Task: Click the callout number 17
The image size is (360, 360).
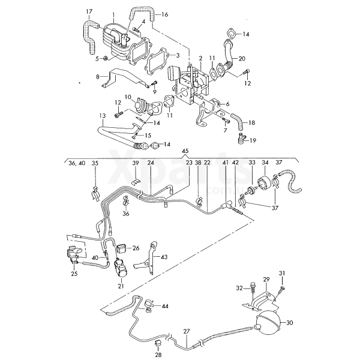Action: pyautogui.click(x=89, y=11)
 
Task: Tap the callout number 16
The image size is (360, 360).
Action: pyautogui.click(x=165, y=14)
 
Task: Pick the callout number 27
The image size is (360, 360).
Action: pyautogui.click(x=186, y=331)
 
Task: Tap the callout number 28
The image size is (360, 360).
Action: pyautogui.click(x=158, y=355)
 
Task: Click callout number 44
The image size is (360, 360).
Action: pyautogui.click(x=166, y=306)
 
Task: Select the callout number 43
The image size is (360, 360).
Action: pyautogui.click(x=165, y=256)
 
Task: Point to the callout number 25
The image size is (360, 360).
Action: pyautogui.click(x=74, y=274)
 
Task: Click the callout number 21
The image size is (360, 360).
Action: pyautogui.click(x=121, y=287)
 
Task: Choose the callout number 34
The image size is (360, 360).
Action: pyautogui.click(x=265, y=163)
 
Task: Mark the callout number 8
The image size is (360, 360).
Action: pyautogui.click(x=97, y=77)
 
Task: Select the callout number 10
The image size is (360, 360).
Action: pyautogui.click(x=128, y=97)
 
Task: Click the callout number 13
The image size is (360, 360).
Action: pyautogui.click(x=103, y=115)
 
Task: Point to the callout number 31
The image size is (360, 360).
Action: pyautogui.click(x=281, y=274)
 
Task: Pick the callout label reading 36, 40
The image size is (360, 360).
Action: pyautogui.click(x=76, y=163)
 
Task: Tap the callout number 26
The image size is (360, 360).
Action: pyautogui.click(x=136, y=247)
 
